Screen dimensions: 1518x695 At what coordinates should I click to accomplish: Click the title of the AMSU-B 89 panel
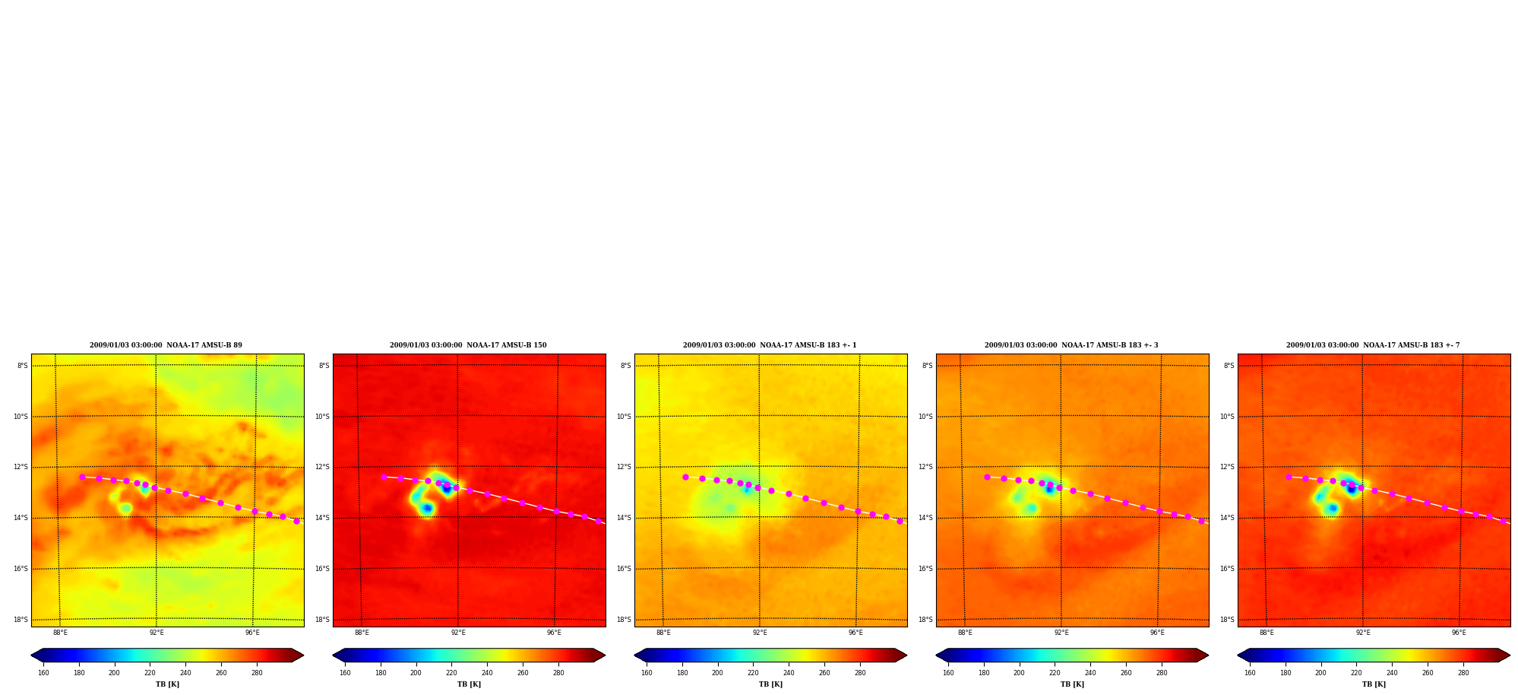tap(166, 345)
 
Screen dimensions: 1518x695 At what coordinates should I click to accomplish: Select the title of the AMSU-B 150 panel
tap(468, 345)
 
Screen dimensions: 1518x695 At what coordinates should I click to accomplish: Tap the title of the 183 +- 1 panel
tap(770, 345)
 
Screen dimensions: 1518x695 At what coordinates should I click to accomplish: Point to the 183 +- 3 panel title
tap(1071, 345)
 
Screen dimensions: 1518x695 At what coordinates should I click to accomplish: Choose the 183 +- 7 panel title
tap(1373, 345)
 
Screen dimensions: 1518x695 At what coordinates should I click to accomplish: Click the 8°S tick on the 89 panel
tap(23, 366)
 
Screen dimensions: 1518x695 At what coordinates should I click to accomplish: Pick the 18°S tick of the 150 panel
tap(322, 620)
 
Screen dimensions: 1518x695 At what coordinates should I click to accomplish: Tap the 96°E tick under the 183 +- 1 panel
tap(855, 633)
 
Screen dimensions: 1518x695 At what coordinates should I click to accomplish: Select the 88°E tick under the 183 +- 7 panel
tap(1267, 633)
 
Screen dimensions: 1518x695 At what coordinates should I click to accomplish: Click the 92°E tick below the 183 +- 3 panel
tap(1061, 633)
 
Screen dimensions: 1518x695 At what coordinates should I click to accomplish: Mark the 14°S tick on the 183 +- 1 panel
tap(624, 518)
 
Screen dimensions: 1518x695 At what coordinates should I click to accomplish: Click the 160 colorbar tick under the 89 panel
tap(43, 673)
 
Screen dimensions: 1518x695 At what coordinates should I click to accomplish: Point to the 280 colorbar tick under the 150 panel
tap(558, 673)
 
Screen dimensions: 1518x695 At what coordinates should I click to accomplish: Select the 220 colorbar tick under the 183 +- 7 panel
tap(1356, 673)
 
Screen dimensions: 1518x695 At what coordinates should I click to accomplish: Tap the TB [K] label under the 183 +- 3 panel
tap(1072, 684)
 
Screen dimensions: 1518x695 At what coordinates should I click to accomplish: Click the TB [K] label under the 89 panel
tap(167, 684)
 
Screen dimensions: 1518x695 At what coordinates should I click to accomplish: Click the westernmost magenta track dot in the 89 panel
tap(82, 477)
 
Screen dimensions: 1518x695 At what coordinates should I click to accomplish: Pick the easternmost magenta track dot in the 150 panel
tap(598, 521)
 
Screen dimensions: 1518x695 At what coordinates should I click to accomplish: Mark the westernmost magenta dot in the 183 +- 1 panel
tap(685, 477)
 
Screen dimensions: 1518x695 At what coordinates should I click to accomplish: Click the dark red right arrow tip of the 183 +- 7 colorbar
tap(1509, 655)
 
